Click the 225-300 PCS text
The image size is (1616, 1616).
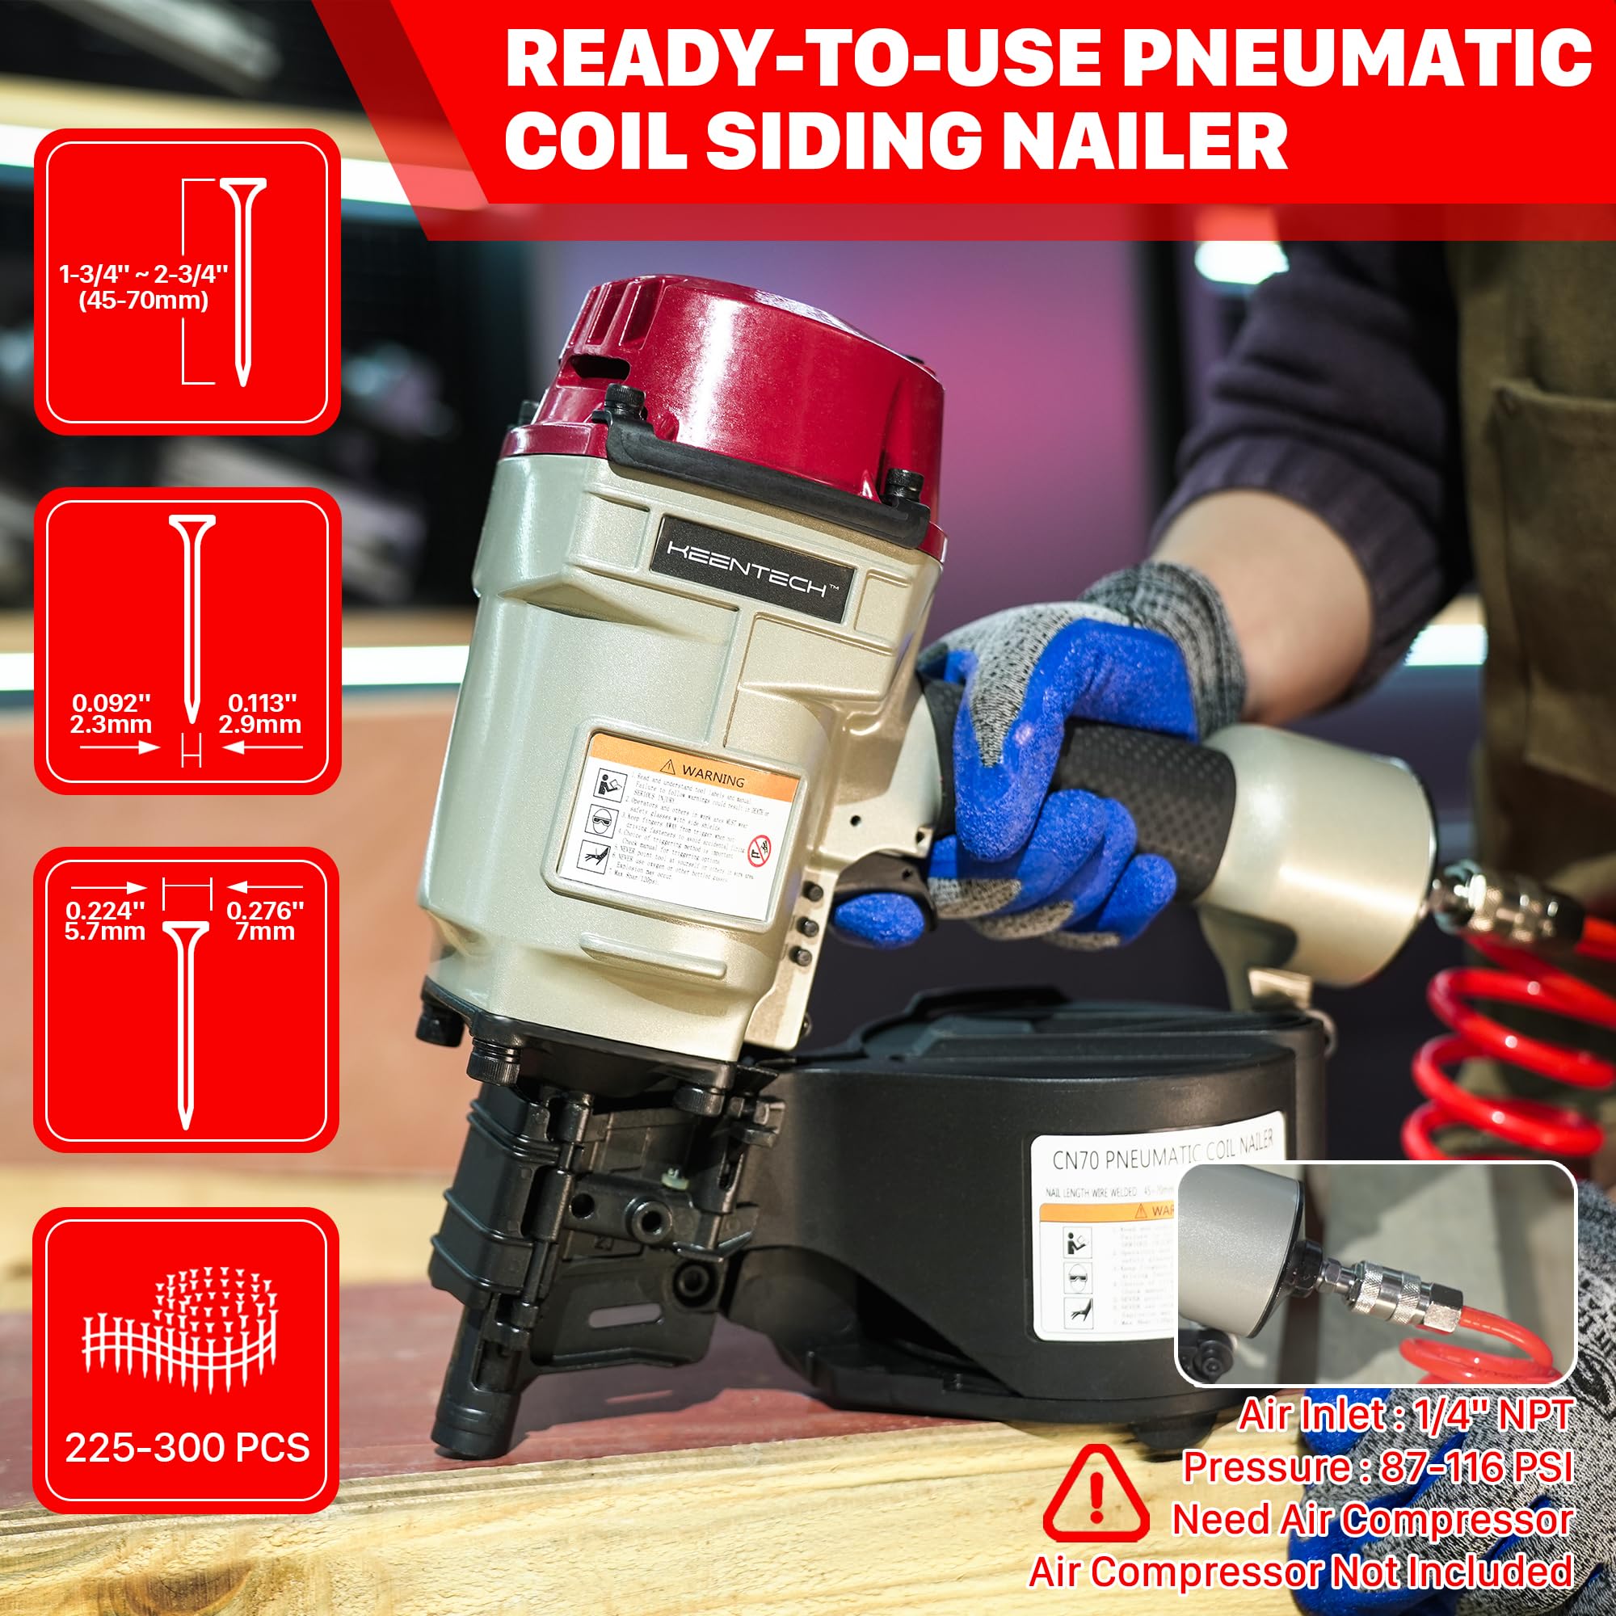click(187, 1448)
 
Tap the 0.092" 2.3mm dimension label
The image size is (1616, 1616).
click(112, 713)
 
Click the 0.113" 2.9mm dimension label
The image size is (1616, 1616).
click(261, 713)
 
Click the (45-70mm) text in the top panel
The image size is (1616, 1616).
click(144, 301)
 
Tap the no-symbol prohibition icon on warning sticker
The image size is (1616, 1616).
click(759, 850)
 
